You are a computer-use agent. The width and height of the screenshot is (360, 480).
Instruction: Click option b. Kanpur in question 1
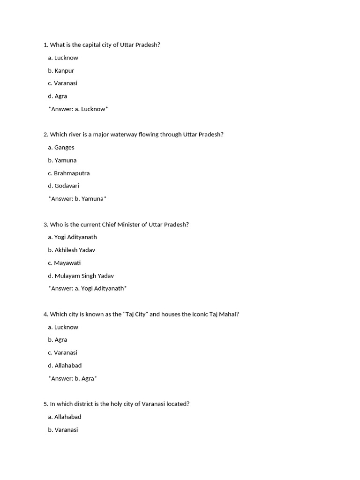(x=61, y=71)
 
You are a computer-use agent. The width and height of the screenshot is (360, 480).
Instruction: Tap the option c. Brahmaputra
(x=69, y=173)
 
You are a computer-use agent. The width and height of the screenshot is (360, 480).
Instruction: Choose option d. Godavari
(x=64, y=186)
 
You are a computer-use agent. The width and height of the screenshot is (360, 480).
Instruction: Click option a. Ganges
(x=61, y=148)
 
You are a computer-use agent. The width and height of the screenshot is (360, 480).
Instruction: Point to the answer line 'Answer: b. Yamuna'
(x=77, y=199)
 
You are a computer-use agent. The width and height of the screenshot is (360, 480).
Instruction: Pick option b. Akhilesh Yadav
(x=72, y=250)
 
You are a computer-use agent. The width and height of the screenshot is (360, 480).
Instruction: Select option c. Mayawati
(x=65, y=263)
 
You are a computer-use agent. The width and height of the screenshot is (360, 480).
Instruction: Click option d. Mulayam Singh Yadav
(x=81, y=276)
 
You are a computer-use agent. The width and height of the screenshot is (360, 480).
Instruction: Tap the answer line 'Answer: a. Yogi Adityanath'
(x=88, y=289)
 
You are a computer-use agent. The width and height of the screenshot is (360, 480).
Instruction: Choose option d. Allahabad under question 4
(x=65, y=366)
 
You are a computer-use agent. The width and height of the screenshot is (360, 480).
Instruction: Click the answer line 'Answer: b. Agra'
(x=73, y=379)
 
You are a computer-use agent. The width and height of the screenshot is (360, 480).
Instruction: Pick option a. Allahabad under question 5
(x=65, y=417)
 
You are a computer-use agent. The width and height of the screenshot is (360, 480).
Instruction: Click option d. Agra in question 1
(x=58, y=96)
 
